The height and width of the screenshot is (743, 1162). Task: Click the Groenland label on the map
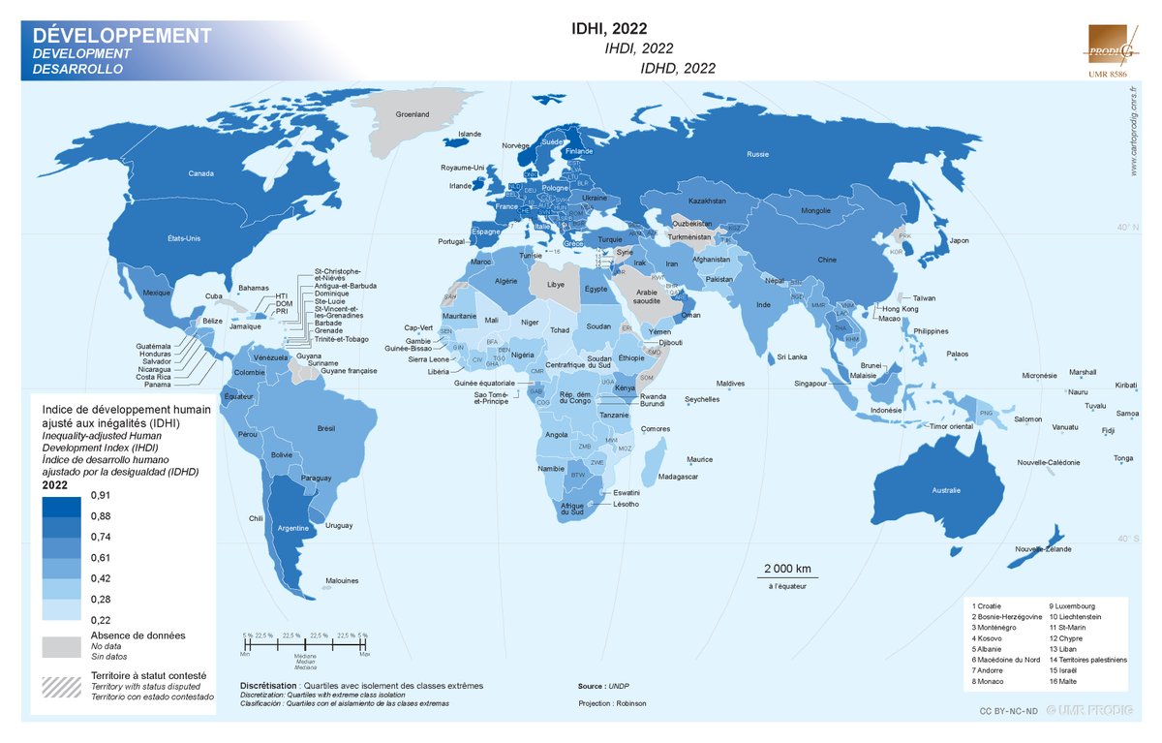tap(413, 114)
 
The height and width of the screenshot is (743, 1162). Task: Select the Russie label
tap(758, 155)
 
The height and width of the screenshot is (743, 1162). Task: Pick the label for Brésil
tap(325, 428)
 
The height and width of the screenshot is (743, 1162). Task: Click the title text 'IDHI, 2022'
tap(609, 28)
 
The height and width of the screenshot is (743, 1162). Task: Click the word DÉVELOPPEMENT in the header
tap(115, 36)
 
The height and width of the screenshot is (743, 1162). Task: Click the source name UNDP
tap(620, 685)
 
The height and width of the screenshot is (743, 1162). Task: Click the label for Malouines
tap(342, 580)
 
